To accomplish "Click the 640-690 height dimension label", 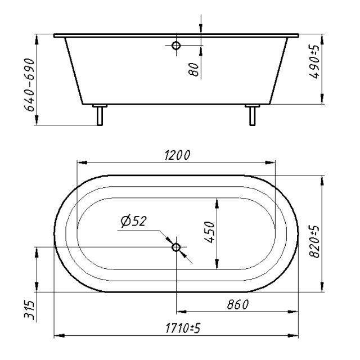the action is tap(30, 85).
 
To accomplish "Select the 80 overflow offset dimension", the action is tap(193, 69).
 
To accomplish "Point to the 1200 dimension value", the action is tap(178, 155).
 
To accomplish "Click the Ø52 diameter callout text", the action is tap(133, 221).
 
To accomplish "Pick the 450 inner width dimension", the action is tap(209, 232).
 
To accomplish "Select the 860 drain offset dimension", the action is tap(238, 305).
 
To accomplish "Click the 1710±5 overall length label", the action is tap(183, 328).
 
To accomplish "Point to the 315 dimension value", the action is tap(30, 310).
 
